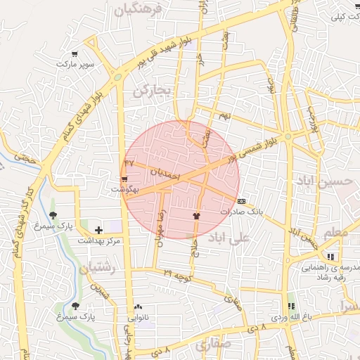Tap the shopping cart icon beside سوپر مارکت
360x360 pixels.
75,53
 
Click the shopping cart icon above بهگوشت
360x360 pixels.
124,180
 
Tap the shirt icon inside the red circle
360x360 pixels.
196,216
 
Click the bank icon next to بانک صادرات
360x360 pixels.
242,200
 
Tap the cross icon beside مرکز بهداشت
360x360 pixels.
98,230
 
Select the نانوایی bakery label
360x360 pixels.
139,317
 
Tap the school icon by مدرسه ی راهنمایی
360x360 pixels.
330,256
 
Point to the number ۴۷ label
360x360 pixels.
129,162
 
